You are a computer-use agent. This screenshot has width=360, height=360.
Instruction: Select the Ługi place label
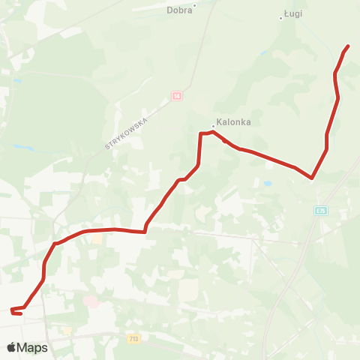point(293,13)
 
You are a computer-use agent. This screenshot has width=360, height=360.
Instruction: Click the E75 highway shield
point(321,211)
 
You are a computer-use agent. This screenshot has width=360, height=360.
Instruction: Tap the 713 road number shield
point(134,339)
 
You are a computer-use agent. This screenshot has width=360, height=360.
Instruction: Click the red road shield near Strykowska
point(176,96)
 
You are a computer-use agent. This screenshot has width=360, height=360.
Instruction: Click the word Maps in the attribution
point(33,347)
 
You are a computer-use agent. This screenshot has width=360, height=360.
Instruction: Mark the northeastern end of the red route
point(349,46)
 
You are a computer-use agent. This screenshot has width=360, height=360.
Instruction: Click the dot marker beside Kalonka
point(213,126)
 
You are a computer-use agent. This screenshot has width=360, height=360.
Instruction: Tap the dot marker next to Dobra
point(194,5)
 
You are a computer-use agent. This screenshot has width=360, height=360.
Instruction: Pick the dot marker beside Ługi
point(280,18)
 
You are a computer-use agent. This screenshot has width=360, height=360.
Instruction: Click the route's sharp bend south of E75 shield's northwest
point(310,178)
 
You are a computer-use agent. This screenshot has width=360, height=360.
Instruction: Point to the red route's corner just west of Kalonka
point(200,134)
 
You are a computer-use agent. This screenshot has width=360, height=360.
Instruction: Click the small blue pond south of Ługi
point(263,53)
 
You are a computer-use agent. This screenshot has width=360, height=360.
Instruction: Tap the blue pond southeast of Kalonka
point(268,182)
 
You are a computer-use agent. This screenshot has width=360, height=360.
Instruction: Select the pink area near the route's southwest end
point(91,301)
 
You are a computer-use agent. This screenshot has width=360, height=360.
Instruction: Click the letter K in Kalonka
point(220,122)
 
